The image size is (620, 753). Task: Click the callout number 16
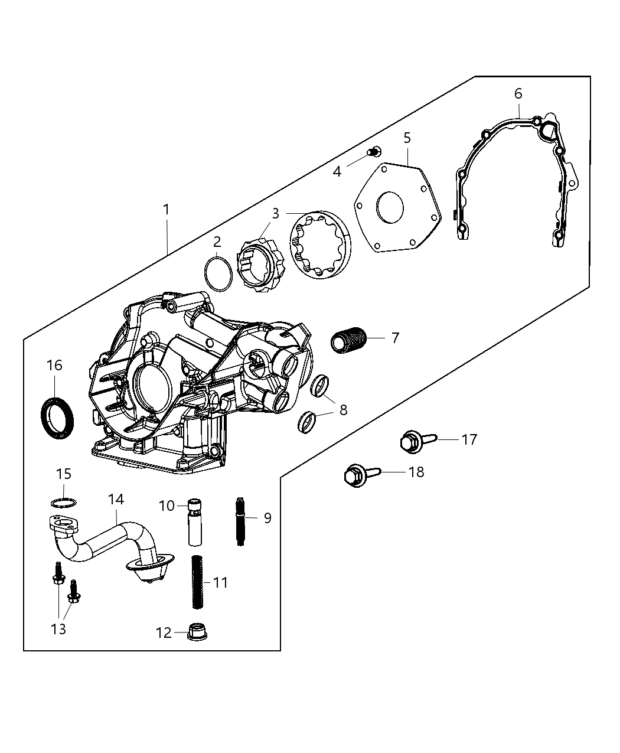tap(54, 366)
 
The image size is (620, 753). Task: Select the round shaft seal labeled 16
tap(58, 418)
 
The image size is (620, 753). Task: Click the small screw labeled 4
tap(373, 152)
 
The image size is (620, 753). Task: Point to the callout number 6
tap(518, 93)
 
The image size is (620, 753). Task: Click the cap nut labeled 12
tap(195, 632)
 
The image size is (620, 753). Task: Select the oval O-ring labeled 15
tap(64, 503)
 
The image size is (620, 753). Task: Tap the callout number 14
tap(116, 500)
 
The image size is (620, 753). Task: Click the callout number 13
tap(58, 630)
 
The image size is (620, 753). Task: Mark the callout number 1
tap(167, 209)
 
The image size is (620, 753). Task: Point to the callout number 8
tap(343, 409)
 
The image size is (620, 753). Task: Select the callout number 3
tap(276, 213)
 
